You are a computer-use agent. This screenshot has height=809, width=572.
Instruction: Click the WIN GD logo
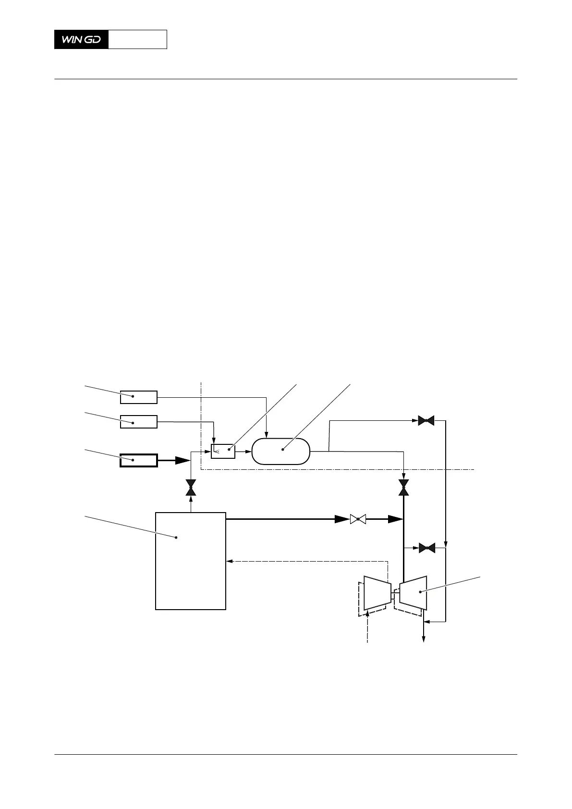81,39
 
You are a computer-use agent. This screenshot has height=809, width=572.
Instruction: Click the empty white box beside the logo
137,39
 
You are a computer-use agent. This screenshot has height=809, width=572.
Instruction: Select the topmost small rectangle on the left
138,397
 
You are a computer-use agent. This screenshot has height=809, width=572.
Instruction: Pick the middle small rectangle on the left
138,422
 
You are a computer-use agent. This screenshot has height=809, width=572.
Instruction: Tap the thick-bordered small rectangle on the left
138,460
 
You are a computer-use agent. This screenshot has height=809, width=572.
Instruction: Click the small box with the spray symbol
223,452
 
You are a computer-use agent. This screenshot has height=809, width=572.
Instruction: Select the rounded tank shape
281,451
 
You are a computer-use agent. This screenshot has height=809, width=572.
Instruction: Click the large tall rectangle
191,561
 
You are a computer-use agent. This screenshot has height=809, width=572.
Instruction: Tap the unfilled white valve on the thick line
358,519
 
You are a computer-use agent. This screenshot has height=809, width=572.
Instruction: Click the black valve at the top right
426,421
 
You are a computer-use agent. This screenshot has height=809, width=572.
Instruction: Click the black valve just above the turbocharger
426,548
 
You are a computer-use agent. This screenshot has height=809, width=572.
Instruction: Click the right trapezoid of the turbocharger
413,592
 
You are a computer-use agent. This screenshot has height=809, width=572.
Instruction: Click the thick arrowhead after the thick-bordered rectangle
182,460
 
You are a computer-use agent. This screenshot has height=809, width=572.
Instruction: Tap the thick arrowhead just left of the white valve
342,519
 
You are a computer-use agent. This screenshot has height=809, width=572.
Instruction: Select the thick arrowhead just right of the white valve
395,519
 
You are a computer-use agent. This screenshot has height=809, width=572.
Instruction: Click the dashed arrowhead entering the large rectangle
229,560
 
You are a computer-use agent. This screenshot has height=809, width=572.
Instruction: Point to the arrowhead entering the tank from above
267,435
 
